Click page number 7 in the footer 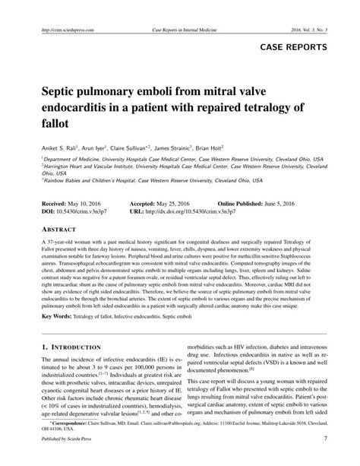(324, 459)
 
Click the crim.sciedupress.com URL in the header (62, 30)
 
